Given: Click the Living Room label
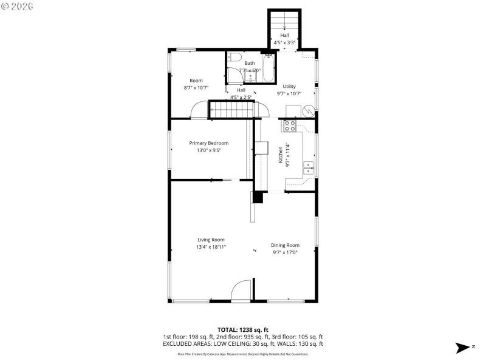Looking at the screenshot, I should [210, 240].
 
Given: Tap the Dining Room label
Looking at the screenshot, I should [285, 245].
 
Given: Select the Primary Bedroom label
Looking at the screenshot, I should [208, 143].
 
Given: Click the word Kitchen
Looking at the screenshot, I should [280, 155].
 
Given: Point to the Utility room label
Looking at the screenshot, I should [289, 87].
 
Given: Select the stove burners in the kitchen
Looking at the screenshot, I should [290, 126].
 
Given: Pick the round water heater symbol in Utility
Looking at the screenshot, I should [308, 111].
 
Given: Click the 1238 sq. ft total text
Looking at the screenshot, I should [242, 329].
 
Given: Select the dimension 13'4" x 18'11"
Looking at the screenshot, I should [211, 247].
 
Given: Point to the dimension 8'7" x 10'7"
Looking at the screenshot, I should [196, 88].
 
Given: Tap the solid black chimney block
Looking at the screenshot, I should [258, 197].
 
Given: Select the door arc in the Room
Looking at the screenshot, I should [199, 110].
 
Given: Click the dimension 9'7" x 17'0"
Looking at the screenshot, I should [285, 252].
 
